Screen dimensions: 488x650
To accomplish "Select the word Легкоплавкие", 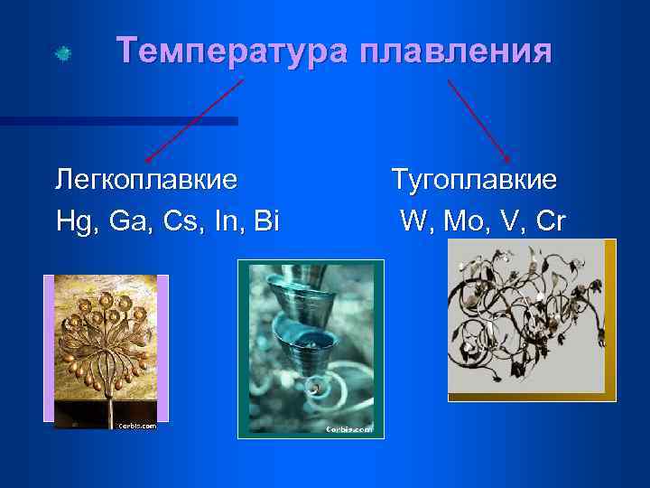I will coord(146,179).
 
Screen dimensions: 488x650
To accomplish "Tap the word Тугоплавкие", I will coord(474,179).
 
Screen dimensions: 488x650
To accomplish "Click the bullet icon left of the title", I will coord(61,53).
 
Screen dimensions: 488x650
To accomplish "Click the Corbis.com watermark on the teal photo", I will coord(348,430).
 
